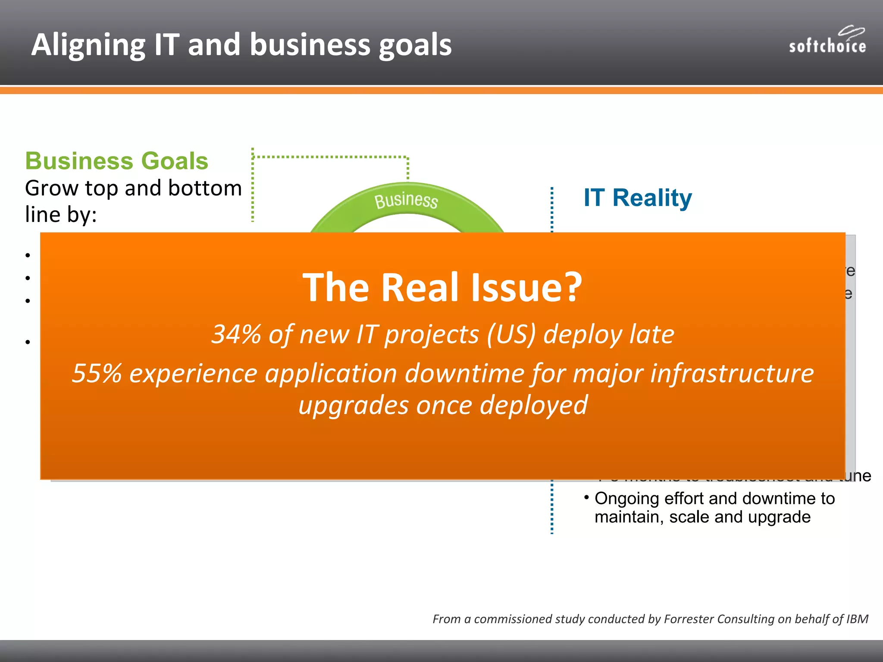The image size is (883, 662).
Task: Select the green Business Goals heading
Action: pyautogui.click(x=116, y=161)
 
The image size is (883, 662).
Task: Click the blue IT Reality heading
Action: pyautogui.click(x=637, y=198)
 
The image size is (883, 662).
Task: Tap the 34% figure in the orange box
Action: pyautogui.click(x=236, y=334)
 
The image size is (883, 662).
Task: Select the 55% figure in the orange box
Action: pyautogui.click(x=97, y=373)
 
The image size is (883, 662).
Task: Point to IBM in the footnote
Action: pyautogui.click(x=857, y=619)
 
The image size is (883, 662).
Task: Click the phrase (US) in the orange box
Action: pyautogui.click(x=511, y=334)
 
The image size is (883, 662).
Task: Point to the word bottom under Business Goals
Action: pyautogui.click(x=205, y=188)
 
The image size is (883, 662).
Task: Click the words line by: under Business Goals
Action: pyautogui.click(x=61, y=214)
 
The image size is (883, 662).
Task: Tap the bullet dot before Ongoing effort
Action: pyautogui.click(x=586, y=497)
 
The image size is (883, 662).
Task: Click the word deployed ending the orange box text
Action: pyautogui.click(x=533, y=405)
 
